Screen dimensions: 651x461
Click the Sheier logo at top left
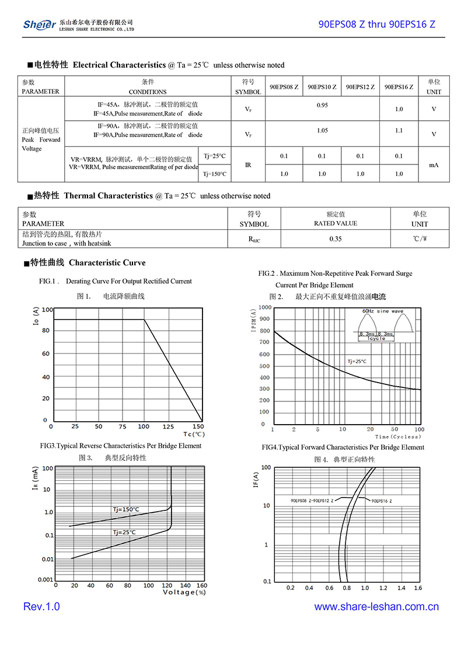coord(39,24)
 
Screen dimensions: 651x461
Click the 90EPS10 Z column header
coord(322,87)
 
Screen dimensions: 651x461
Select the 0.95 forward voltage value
coord(322,105)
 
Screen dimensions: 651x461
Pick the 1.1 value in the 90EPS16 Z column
coord(399,131)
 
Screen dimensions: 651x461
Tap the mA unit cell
coord(434,165)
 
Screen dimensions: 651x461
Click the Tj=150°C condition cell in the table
coord(214,174)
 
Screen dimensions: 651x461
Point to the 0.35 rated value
coord(336,239)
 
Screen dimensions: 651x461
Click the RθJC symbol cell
coord(254,239)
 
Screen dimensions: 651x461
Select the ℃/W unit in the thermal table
coord(420,239)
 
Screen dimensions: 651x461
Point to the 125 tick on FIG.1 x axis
coord(168,427)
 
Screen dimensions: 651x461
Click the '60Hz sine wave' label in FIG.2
coord(382,311)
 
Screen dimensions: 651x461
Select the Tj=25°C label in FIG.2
coord(357,362)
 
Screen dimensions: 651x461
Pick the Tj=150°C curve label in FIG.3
coord(126,509)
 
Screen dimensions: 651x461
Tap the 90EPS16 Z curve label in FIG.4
coord(382,501)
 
